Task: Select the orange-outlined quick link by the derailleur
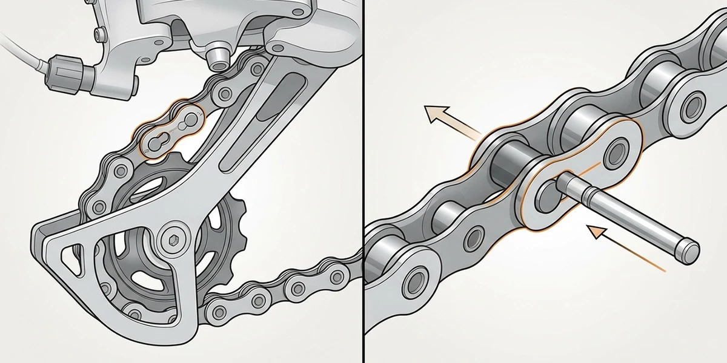[171, 132]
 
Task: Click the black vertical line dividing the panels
[363, 181]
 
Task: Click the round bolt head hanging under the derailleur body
[216, 57]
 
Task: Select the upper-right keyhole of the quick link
[190, 120]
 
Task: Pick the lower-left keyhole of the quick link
[154, 143]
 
